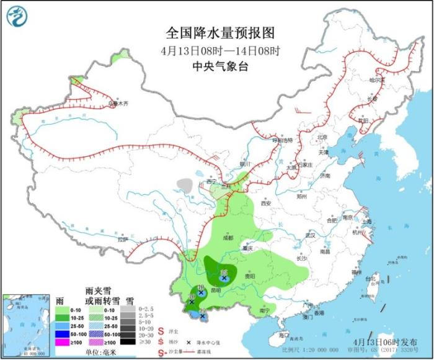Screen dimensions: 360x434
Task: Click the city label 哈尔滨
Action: (x=377, y=80)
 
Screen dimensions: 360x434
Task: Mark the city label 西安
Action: (x=267, y=203)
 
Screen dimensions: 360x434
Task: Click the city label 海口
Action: (x=285, y=335)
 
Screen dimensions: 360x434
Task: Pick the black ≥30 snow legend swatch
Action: (x=128, y=341)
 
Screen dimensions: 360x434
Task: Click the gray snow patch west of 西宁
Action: (x=185, y=184)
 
